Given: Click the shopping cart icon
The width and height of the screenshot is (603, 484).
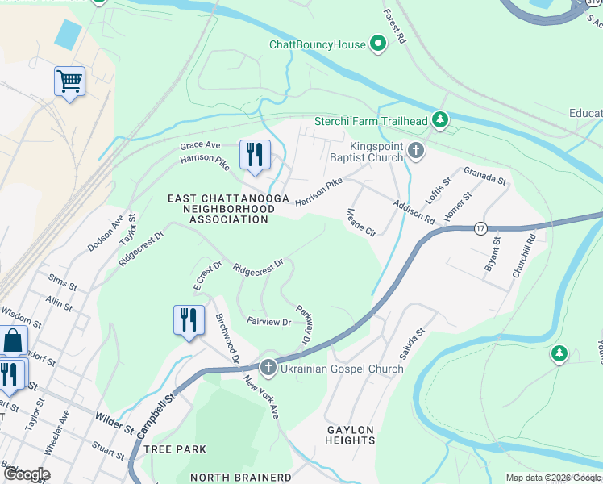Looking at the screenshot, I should coord(70,81).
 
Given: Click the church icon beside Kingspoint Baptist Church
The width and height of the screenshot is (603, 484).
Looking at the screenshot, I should coord(415,150).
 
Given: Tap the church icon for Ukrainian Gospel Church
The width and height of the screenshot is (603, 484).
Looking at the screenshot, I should coord(268,368).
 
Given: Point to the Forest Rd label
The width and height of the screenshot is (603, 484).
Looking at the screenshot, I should coord(395,27).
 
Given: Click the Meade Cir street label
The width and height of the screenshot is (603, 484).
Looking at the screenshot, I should coord(361,223).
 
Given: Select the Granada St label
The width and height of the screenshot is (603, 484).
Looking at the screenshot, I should coord(484,175).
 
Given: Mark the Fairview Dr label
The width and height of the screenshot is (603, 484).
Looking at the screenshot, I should coord(268,322).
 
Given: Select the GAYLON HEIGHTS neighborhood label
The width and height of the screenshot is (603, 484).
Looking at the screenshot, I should coord(351,435).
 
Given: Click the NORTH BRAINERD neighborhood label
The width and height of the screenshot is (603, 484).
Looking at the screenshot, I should coord(241,477).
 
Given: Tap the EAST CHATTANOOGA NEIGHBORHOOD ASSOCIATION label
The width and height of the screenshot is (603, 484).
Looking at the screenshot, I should coord(221,209).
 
